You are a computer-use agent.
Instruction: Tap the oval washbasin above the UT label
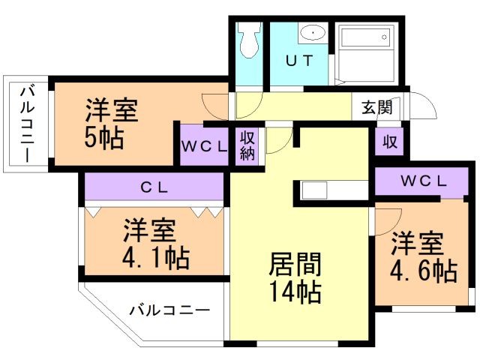point(311,34)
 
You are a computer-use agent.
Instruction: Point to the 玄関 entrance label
point(377,106)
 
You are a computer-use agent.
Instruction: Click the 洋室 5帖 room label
point(110,124)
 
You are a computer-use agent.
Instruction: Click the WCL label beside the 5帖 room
point(203,147)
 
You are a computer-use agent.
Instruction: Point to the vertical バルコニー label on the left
point(26,124)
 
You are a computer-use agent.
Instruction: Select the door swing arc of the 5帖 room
point(217,105)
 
